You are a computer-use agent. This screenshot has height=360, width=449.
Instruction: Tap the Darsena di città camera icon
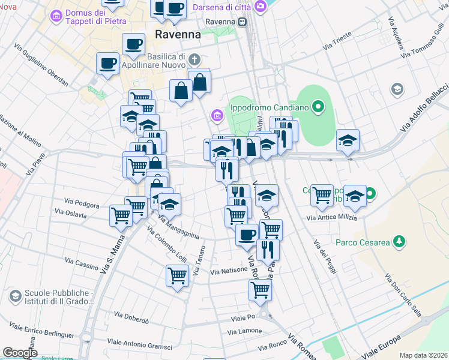[261, 6]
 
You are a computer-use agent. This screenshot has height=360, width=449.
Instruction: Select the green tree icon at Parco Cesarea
[398, 242]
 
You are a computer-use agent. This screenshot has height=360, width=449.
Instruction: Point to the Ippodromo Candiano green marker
[320, 109]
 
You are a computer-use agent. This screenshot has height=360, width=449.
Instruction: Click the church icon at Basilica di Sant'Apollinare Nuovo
[193, 59]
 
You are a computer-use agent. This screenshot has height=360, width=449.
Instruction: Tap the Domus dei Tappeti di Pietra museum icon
[56, 15]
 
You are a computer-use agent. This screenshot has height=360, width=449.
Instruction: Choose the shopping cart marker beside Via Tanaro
[177, 277]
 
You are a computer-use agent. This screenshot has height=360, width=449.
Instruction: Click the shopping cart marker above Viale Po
[261, 290]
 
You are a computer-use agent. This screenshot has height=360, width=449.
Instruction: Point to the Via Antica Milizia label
[332, 218]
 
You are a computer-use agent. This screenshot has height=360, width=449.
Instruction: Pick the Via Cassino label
[82, 263]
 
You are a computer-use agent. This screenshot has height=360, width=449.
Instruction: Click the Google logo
[20, 352]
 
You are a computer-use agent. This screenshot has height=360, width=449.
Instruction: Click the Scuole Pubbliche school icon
[14, 296]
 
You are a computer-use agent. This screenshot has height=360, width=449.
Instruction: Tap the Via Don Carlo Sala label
[402, 295]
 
